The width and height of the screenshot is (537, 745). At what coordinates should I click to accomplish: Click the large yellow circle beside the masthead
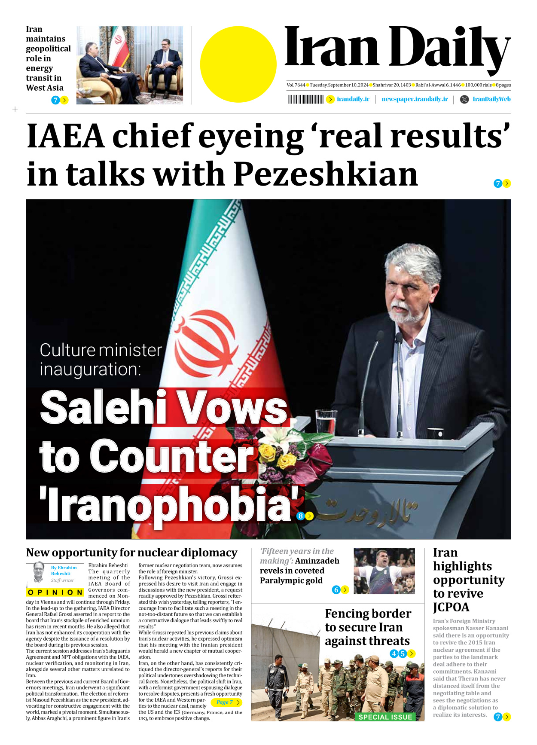238,64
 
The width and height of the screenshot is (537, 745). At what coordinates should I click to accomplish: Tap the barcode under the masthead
305,99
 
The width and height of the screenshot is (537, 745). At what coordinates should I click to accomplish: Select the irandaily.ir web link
353,99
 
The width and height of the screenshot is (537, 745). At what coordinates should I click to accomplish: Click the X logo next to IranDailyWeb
464,99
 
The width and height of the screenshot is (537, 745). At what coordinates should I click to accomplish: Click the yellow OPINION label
55,592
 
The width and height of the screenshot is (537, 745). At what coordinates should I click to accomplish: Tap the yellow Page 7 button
226,702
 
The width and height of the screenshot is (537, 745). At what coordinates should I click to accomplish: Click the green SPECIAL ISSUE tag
385,717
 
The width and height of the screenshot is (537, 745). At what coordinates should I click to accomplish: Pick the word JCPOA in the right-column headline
451,607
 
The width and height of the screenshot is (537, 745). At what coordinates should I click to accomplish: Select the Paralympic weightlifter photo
384,571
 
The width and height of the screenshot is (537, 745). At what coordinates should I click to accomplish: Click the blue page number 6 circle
336,590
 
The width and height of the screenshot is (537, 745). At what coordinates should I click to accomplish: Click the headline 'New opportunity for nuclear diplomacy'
132,553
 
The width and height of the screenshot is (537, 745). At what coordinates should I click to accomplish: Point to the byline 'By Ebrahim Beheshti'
64,571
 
